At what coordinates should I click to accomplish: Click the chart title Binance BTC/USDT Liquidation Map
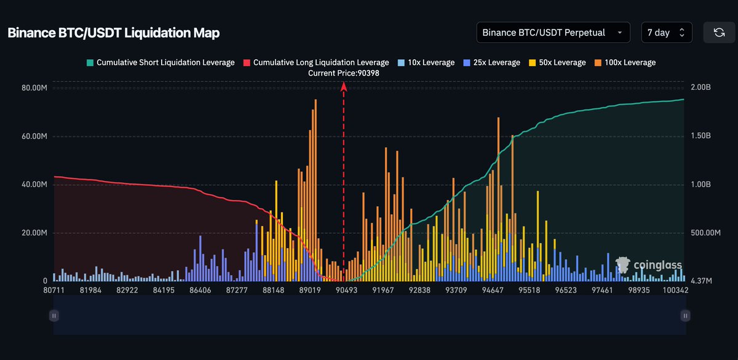click(113, 33)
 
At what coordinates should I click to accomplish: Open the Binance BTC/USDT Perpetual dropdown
click(553, 33)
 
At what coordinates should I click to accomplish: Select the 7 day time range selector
click(666, 33)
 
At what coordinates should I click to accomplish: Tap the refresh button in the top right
click(718, 33)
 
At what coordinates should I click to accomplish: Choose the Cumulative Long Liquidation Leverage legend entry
click(316, 63)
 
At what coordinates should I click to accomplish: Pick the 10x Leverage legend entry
click(426, 63)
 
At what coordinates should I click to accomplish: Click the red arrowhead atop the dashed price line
click(344, 87)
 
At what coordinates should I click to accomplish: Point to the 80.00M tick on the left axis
click(34, 88)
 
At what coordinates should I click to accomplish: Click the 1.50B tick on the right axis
click(700, 136)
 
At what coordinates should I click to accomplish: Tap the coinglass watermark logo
click(649, 265)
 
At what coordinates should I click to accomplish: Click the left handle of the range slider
click(54, 316)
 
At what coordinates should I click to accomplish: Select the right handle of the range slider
click(685, 316)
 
